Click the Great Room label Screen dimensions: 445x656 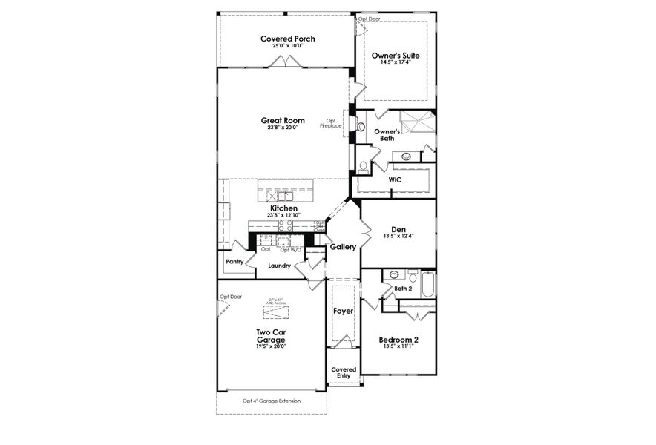(x=283, y=119)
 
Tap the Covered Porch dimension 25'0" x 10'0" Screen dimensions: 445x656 (x=287, y=46)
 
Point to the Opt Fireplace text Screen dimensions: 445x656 (x=330, y=123)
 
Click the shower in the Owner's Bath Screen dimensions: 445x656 (x=417, y=120)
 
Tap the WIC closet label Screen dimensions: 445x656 (x=395, y=179)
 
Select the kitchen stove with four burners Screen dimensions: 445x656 (x=285, y=225)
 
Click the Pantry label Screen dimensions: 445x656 (x=235, y=261)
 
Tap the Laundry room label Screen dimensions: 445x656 (x=279, y=265)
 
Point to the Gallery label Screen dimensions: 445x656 (x=343, y=246)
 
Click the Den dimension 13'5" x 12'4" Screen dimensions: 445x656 (x=398, y=236)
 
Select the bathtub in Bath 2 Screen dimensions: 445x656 (x=427, y=284)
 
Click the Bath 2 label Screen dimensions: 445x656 (x=403, y=289)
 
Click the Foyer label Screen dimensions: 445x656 (x=343, y=311)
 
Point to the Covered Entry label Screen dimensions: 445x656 (x=343, y=372)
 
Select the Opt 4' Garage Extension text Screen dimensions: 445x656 (x=272, y=400)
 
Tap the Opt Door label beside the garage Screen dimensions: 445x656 (x=230, y=297)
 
